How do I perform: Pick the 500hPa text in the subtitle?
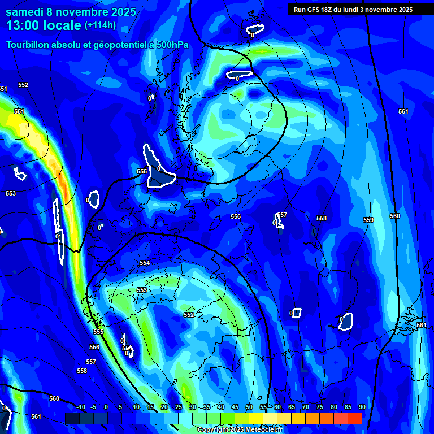coord(171,45)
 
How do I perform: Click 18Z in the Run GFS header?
coord(326,10)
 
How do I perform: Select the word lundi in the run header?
coord(360,10)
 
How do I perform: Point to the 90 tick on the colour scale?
coord(362,407)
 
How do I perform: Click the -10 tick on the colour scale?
coord(80,407)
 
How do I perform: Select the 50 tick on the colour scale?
coord(249,407)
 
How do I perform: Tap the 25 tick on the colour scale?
coord(179,407)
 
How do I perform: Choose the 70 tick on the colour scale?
coord(306,407)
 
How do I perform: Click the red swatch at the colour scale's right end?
coord(354,418)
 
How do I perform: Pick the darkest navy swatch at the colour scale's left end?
coord(72,418)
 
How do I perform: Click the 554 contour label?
coord(145,263)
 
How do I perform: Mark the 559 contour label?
coord(368,220)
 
